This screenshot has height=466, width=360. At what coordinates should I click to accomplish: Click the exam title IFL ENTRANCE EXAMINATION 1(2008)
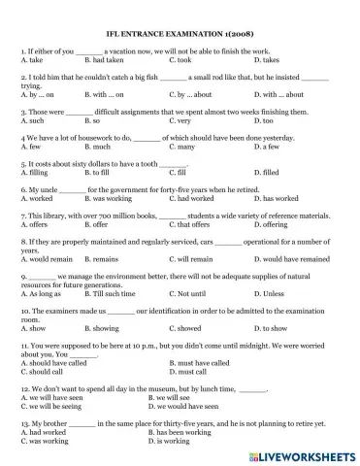pyautogui.click(x=180, y=31)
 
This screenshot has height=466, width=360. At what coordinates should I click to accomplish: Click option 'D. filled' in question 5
pyautogui.click(x=267, y=172)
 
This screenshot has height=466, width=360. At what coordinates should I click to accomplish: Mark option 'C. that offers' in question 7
pyautogui.click(x=189, y=224)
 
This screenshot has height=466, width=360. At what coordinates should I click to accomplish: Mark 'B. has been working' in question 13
pyautogui.click(x=183, y=432)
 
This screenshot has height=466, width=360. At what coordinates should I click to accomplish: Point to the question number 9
pyautogui.click(x=21, y=277)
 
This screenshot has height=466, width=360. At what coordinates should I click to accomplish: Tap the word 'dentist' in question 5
pyautogui.click(x=174, y=164)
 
